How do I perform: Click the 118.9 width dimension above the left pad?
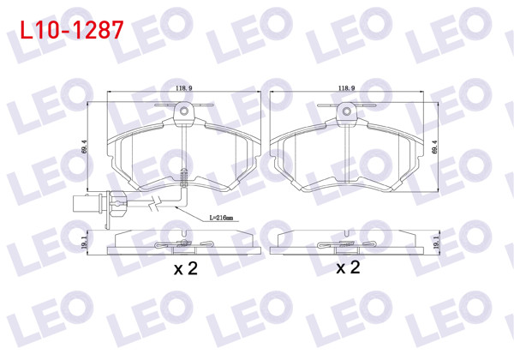pyautogui.click(x=182, y=88)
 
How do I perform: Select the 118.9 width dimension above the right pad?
pyautogui.click(x=346, y=88)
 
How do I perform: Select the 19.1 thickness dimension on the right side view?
pyautogui.click(x=439, y=244)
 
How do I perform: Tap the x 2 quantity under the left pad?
pyautogui.click(x=185, y=268)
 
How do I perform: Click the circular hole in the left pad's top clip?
pyautogui.click(x=183, y=109)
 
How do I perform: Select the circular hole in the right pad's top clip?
pyautogui.click(x=346, y=109)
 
